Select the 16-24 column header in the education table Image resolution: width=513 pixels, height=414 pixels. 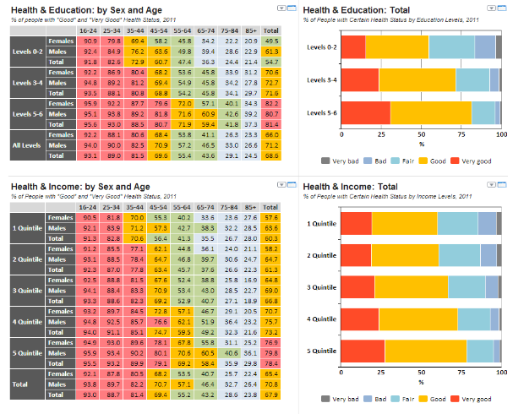point(87,30)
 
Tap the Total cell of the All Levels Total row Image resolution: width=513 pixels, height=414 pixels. point(271,155)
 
